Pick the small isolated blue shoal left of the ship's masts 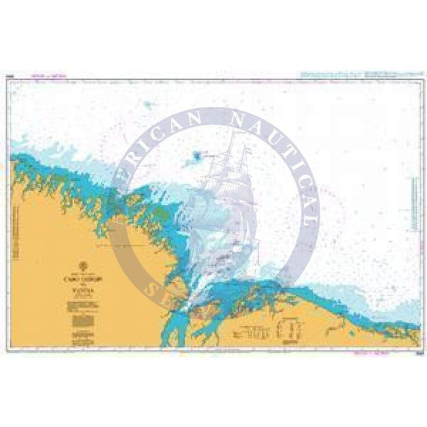(x=197, y=156)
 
